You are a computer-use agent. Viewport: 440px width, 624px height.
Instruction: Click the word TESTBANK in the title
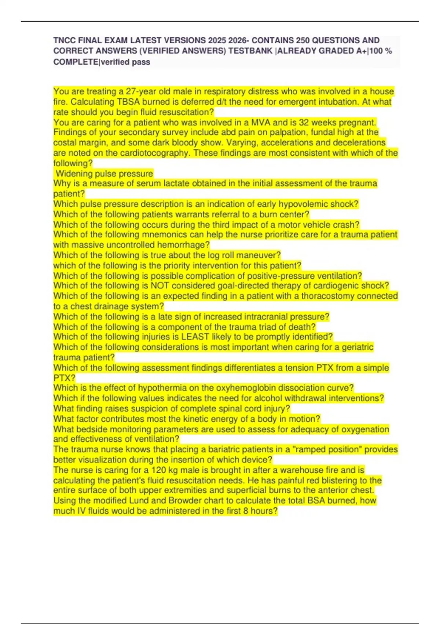[x=251, y=51]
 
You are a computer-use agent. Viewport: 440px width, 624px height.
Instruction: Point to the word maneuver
[x=262, y=255]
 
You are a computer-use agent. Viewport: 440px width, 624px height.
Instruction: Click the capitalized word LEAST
[x=197, y=337]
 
